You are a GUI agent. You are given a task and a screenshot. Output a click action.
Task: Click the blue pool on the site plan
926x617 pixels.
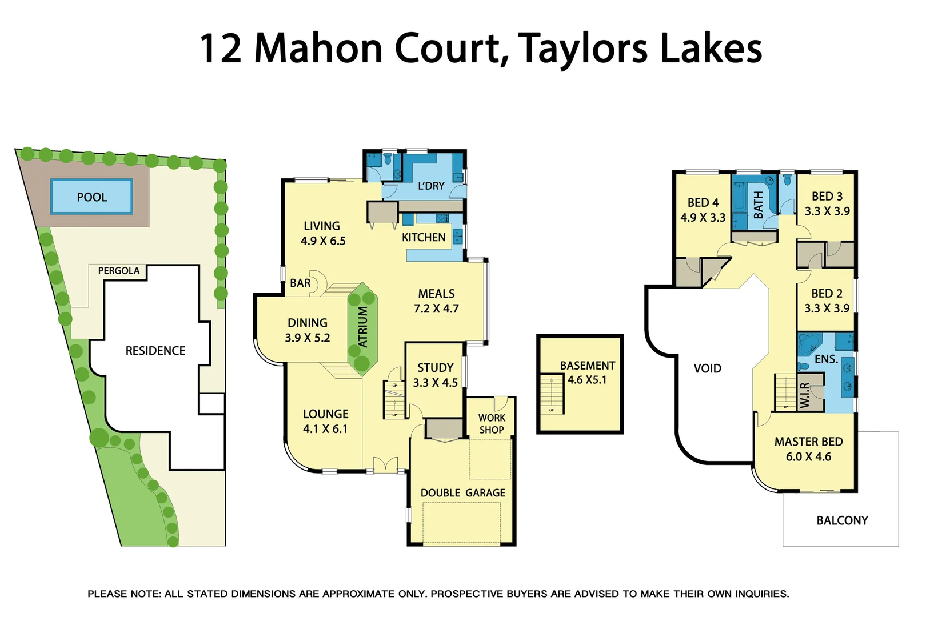pos(91,197)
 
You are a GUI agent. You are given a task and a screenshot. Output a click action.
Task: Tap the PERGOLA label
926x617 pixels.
pos(118,271)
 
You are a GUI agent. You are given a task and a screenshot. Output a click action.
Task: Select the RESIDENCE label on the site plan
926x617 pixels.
pos(155,351)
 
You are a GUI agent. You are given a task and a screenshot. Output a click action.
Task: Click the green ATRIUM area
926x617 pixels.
pos(362,327)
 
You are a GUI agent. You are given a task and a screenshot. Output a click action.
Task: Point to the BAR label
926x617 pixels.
pos(300,283)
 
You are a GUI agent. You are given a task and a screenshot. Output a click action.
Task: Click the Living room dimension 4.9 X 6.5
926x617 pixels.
pos(323,241)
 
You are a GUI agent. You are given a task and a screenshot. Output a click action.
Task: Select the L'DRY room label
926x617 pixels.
pos(431,186)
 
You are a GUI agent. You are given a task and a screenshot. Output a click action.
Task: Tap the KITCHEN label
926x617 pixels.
pos(423,238)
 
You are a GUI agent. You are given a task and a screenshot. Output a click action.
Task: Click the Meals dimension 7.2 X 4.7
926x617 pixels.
pos(436,309)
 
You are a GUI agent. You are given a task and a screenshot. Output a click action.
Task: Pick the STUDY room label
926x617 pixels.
pos(435,368)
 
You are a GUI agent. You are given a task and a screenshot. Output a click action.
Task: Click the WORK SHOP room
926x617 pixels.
pos(491,424)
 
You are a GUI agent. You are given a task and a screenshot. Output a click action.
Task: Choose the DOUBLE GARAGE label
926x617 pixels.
pos(462,493)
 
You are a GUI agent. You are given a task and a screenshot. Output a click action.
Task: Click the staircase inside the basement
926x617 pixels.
pos(552,394)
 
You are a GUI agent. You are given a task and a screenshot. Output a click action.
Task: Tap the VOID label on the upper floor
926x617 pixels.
pos(707,368)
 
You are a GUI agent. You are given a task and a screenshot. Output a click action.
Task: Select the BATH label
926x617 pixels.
pos(758,205)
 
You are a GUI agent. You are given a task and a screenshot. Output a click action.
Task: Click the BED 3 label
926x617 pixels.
pos(827,197)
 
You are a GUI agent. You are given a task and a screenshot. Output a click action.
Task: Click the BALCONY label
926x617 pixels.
pos(841,520)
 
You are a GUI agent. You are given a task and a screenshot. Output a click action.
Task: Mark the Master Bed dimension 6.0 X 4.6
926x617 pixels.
pos(808,457)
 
